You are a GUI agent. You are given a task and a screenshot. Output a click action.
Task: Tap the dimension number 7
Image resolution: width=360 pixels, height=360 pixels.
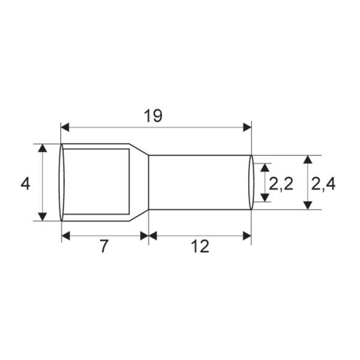click(104, 246)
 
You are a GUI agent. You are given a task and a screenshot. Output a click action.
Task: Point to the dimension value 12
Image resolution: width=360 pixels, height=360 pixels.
click(200, 246)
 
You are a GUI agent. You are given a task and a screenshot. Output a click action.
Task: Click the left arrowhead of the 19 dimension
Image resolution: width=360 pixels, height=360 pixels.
click(66, 127)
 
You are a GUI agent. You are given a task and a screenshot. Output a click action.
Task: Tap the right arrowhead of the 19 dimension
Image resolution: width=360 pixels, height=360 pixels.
click(247, 127)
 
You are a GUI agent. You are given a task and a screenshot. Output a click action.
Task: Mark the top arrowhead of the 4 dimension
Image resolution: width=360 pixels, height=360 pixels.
click(43, 148)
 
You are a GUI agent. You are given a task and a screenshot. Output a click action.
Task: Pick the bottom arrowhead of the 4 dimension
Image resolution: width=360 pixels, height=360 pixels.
click(43, 216)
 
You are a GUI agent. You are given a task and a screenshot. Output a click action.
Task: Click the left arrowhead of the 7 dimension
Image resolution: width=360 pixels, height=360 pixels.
click(66, 235)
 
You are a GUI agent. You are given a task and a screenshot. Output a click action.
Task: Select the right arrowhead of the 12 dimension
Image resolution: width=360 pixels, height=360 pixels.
click(247, 235)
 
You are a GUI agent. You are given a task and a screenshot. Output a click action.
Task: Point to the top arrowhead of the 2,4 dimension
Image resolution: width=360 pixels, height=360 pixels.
click(307, 159)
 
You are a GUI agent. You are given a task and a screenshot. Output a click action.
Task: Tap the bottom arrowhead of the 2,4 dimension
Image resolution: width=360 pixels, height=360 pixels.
click(307, 205)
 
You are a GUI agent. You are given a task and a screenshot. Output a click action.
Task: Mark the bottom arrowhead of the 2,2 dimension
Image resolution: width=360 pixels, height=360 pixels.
click(265, 198)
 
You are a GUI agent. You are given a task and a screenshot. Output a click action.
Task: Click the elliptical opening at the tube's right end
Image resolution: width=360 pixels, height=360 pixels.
click(251, 182)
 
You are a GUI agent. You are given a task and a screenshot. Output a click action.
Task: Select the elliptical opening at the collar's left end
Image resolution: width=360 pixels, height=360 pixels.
click(61, 182)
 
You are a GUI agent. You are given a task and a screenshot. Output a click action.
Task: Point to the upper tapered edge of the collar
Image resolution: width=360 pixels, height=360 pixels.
click(139, 149)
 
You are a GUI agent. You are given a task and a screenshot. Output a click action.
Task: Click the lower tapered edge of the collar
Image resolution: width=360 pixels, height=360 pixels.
click(139, 215)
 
